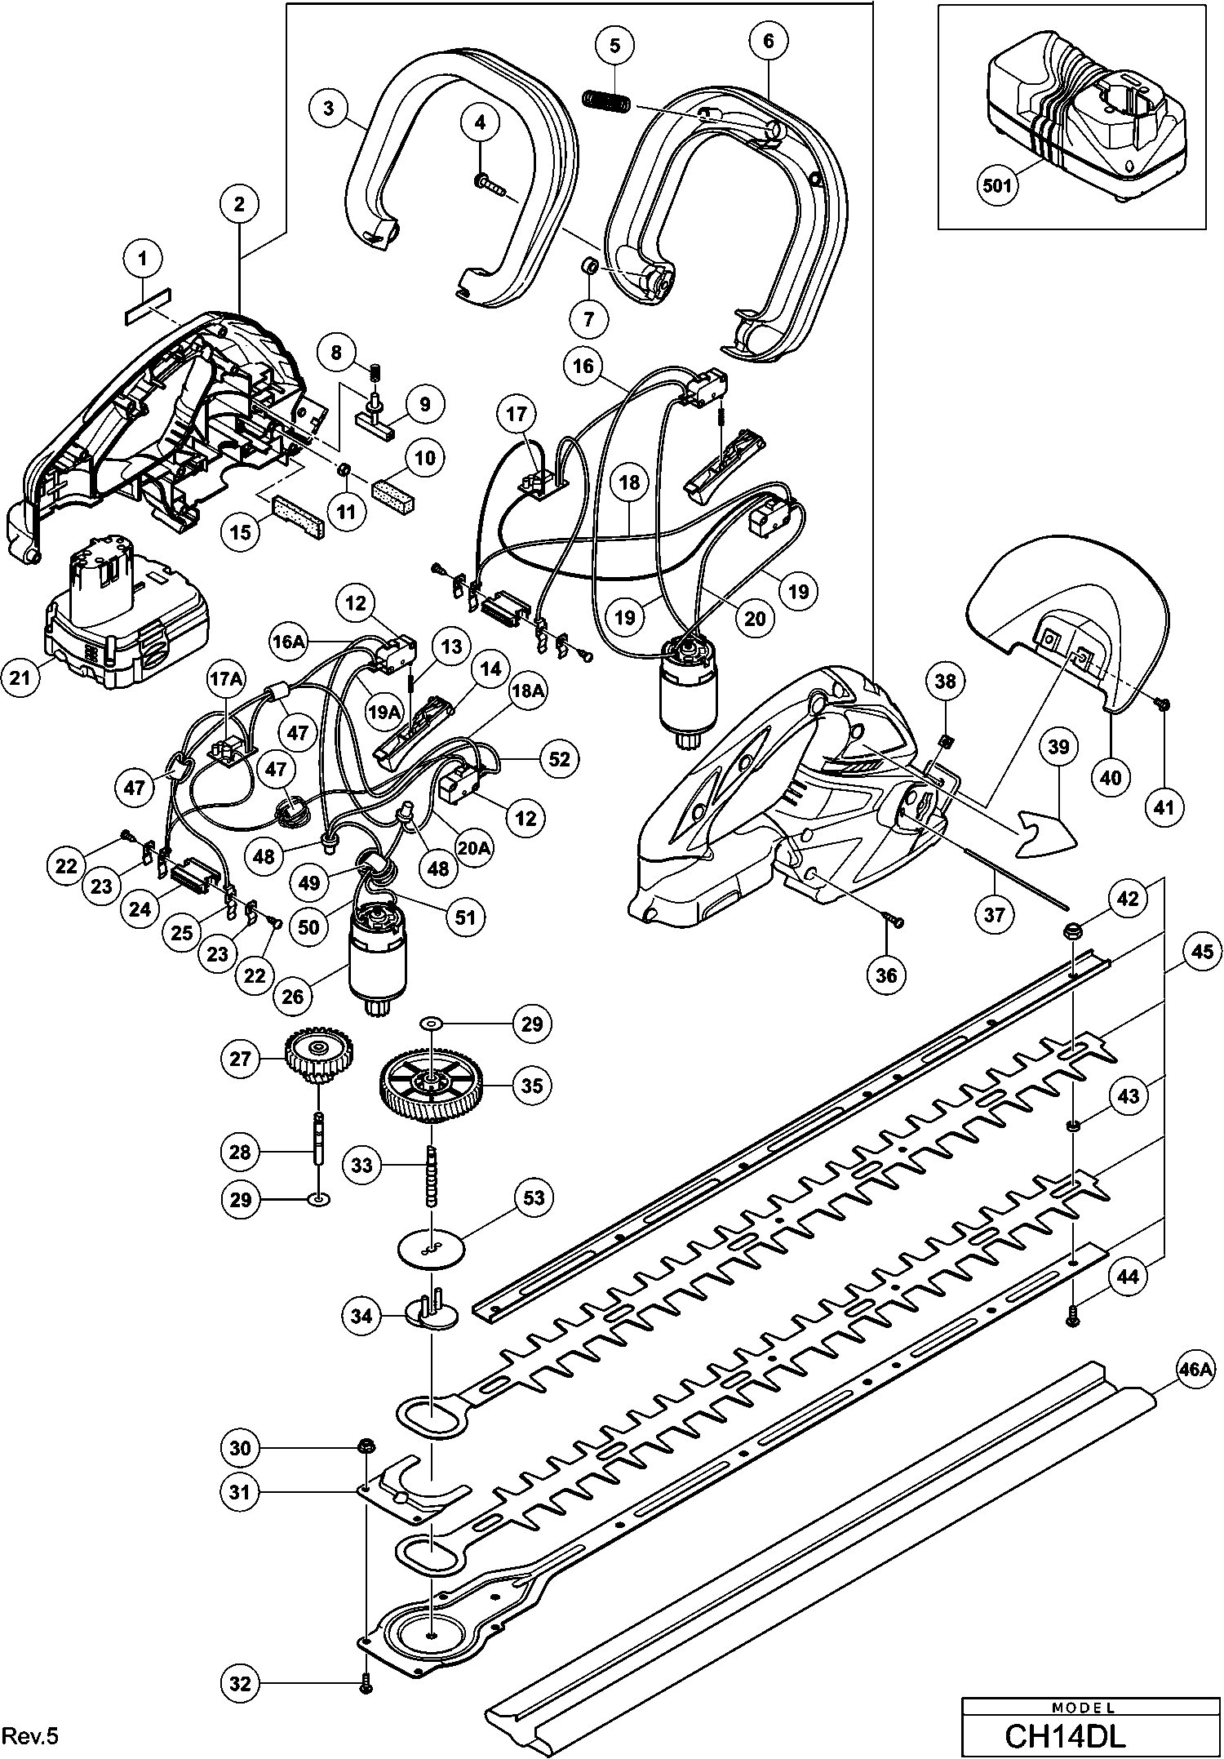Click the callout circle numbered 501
(996, 185)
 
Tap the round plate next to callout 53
(429, 1248)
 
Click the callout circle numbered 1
(143, 260)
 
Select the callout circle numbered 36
(885, 975)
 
